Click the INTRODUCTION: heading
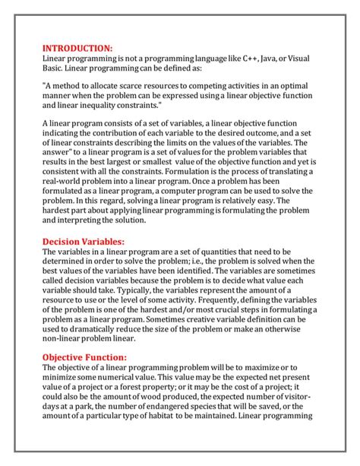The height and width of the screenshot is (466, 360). point(77,47)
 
